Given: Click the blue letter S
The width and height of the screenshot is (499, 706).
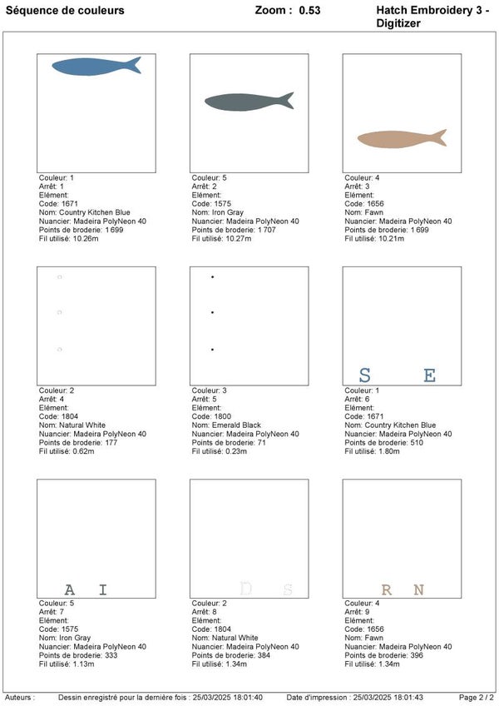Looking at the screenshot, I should tap(364, 375).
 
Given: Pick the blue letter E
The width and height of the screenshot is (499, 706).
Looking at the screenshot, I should tap(429, 375).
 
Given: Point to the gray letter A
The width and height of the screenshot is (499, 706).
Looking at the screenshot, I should tap(70, 590).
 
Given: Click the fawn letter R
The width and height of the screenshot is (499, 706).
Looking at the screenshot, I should tap(387, 590).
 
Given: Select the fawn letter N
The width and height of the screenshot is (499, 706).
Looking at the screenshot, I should tap(418, 590).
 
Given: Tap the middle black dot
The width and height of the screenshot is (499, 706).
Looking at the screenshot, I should tap(213, 313).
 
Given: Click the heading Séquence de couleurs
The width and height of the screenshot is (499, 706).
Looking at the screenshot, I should tap(66, 11).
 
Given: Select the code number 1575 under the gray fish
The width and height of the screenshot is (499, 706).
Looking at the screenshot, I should tap(220, 203).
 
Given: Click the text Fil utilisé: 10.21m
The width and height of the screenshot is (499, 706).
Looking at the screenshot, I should tap(374, 239).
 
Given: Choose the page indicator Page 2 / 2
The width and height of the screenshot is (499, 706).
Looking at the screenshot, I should tap(477, 697).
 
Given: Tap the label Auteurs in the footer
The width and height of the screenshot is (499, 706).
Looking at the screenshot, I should tap(19, 697).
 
